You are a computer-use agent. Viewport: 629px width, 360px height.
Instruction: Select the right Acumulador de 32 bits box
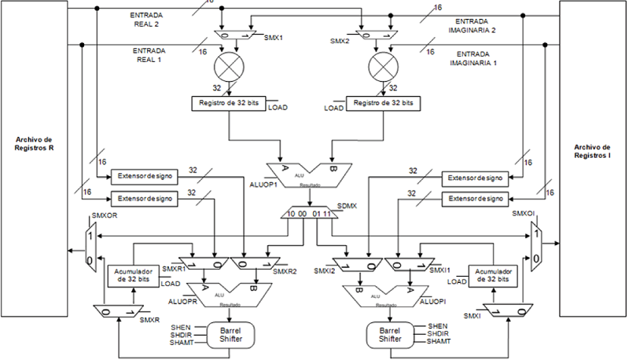[493, 276]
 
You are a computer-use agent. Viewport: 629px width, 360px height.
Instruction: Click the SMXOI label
[524, 213]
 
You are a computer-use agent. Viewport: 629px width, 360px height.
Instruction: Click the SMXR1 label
[172, 269]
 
